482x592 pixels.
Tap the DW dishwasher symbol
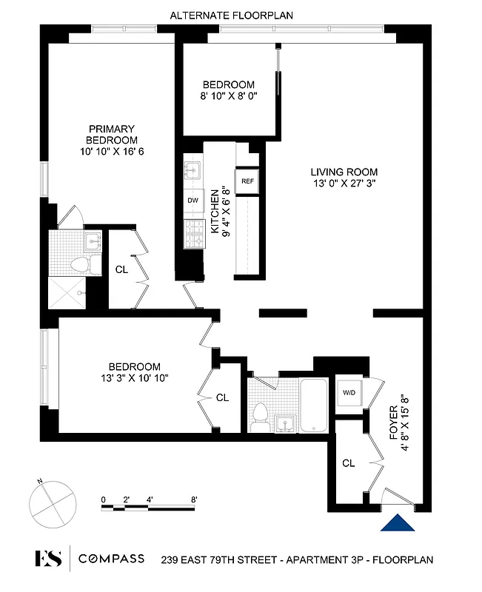click(x=193, y=201)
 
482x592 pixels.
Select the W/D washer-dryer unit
click(x=349, y=394)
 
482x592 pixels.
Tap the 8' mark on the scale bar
click(x=193, y=499)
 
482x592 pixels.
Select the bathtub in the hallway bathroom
click(x=312, y=406)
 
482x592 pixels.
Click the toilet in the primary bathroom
click(x=78, y=264)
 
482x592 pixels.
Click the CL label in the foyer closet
click(x=349, y=463)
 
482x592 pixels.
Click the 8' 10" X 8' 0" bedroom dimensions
click(x=228, y=96)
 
